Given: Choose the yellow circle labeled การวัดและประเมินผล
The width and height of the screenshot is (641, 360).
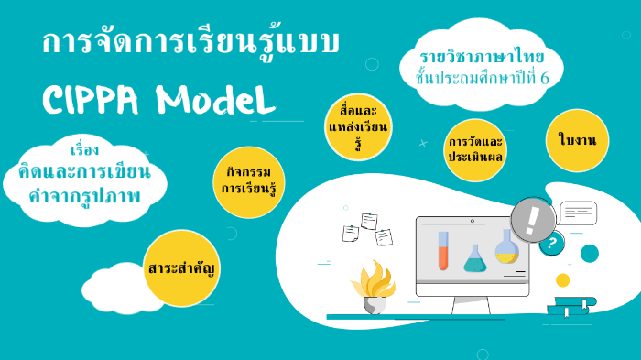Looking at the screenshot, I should (476, 149).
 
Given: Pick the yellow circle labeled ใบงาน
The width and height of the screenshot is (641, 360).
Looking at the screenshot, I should (577, 140).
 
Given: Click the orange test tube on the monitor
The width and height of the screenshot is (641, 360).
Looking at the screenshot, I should (443, 250).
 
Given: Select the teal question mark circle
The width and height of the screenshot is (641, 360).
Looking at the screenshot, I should (551, 245).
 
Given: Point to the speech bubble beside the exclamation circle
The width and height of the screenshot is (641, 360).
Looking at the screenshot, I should (579, 214).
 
